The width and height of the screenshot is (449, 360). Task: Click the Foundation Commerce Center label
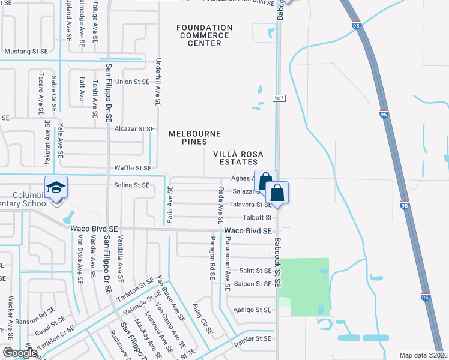click(x=204, y=35)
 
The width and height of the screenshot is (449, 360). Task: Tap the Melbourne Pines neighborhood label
click(x=195, y=137)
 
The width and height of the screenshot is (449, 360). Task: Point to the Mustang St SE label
click(x=26, y=52)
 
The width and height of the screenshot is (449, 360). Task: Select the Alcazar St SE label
click(x=134, y=129)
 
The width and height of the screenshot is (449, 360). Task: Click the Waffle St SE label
click(x=132, y=169)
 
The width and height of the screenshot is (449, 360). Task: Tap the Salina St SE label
click(x=132, y=185)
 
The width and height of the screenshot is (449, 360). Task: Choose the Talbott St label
click(x=258, y=217)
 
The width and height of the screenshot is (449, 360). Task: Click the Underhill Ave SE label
click(x=158, y=82)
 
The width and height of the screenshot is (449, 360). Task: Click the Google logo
click(x=20, y=353)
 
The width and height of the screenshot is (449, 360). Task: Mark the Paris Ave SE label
click(x=170, y=206)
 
